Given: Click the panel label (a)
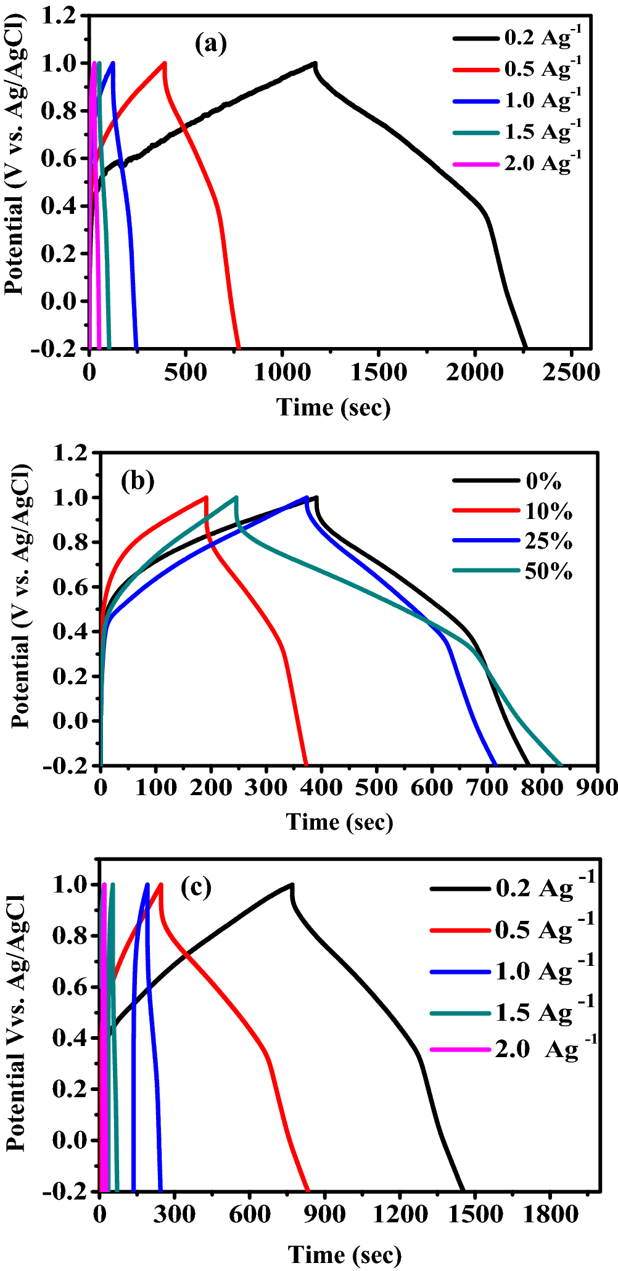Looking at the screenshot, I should pos(211,44).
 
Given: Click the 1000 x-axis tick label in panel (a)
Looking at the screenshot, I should pos(281,372).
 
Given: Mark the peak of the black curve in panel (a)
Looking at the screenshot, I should pos(315,63).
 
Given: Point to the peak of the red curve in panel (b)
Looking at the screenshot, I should pos(206,497).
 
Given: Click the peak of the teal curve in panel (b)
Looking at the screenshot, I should pos(236,497).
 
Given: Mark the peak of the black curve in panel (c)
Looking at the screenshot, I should pos(292,885).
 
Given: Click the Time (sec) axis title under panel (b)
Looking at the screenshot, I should pos(339,822).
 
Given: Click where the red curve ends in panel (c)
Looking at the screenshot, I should pos(308,1190).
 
